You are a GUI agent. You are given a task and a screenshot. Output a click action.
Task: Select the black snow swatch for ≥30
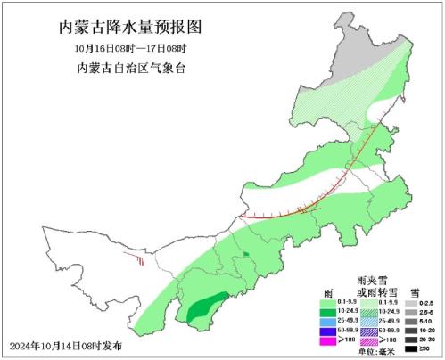tap(411, 348)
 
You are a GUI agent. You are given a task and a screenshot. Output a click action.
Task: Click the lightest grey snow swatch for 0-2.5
tap(411, 303)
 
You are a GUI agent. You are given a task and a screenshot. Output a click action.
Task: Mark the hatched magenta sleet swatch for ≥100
tap(367, 341)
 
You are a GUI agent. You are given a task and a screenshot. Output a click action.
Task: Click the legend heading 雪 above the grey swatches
tap(416, 291)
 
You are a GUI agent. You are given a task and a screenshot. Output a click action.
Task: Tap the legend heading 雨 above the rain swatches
tap(328, 291)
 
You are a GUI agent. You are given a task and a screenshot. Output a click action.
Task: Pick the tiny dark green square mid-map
tap(244, 256)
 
